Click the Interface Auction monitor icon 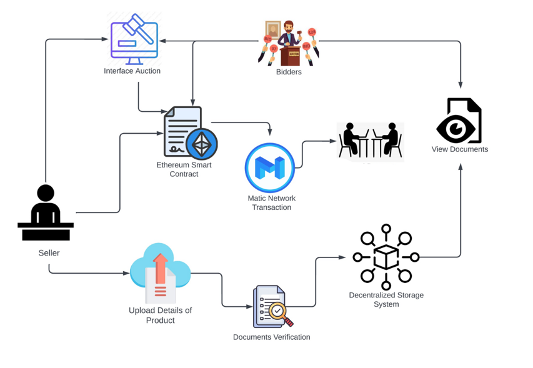pos(134,39)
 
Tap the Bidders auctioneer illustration pos(289,43)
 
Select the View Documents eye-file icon pos(460,121)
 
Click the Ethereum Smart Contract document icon pos(186,132)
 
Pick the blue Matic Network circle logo pos(270,168)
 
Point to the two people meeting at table pos(370,140)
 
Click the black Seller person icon pos(46,213)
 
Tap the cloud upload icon pos(160,272)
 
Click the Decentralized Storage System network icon pos(386,257)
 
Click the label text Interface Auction pos(132,71)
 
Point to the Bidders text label pos(289,72)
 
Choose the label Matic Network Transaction pos(271,202)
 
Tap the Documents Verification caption pos(271,337)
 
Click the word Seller pos(49,253)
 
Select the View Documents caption pos(460,149)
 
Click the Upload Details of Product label pos(160,315)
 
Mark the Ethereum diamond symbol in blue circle pos(201,144)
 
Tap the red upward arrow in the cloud pos(161,267)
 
